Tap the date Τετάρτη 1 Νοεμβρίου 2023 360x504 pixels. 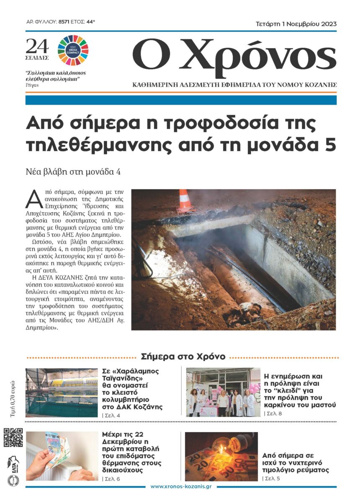(x=296, y=24)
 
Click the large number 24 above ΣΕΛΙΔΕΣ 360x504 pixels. (x=37, y=46)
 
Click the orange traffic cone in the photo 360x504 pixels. (x=184, y=201)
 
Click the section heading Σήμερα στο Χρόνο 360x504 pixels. (x=183, y=357)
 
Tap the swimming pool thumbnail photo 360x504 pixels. (x=62, y=392)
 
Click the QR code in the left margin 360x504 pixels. (x=13, y=437)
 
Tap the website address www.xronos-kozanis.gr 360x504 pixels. (x=180, y=486)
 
